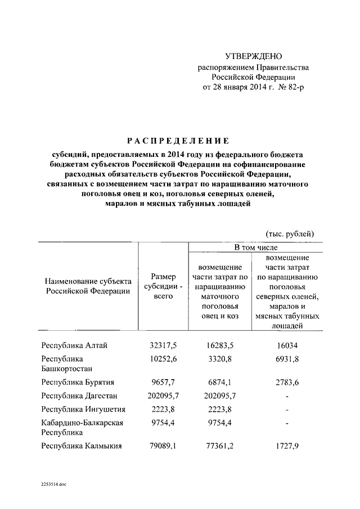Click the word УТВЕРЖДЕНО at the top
253,56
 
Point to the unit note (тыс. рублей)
290,233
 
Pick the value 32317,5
163,345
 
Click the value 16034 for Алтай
287,345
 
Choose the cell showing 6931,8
287,359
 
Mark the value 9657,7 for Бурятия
163,382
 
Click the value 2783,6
287,382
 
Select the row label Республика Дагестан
79,396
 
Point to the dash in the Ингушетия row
287,409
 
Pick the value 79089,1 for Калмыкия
163,447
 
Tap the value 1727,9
287,447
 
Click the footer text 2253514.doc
53,484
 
